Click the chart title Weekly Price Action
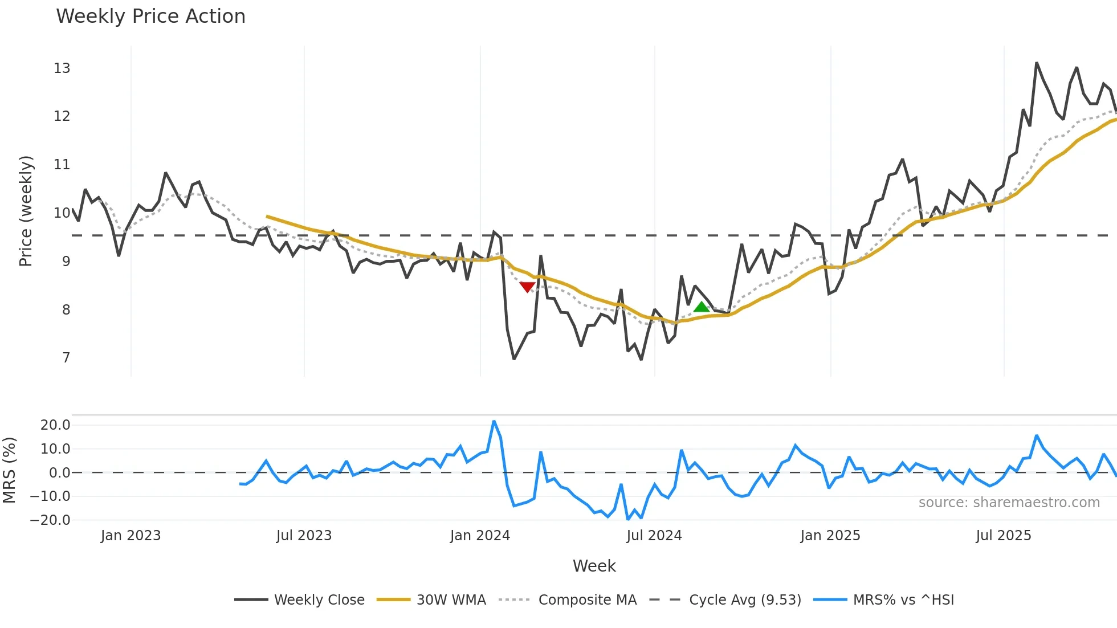point(150,17)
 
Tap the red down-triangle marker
point(527,287)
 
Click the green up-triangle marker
point(701,307)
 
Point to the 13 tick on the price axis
point(62,68)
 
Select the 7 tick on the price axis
point(66,358)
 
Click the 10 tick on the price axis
point(62,213)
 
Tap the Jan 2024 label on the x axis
point(480,536)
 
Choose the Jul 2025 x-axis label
point(1003,536)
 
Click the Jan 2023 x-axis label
point(131,536)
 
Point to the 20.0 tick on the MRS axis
point(55,425)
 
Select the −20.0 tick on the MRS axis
point(50,520)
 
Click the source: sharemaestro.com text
point(1009,503)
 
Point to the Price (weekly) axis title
point(26,211)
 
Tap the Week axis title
point(594,566)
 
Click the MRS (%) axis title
point(9,470)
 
